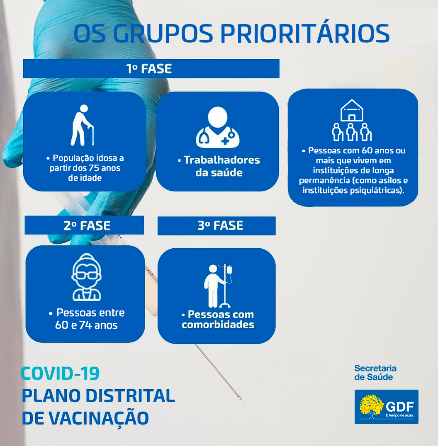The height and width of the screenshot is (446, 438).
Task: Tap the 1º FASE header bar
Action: pyautogui.click(x=151, y=68)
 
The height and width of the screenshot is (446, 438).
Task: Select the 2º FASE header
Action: pyautogui.click(x=85, y=225)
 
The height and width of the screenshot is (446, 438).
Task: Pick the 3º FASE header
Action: pyautogui.click(x=217, y=226)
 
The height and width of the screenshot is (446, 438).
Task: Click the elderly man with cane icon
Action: pyautogui.click(x=82, y=125)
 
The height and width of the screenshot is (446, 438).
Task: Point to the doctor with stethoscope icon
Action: pyautogui.click(x=218, y=127)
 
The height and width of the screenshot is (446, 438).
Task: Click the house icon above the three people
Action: pyautogui.click(x=352, y=110)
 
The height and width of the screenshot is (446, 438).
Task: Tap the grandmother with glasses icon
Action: pyautogui.click(x=87, y=277)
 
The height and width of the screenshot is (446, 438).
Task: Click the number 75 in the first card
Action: pyautogui.click(x=94, y=168)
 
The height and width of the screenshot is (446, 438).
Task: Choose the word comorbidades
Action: pyautogui.click(x=218, y=325)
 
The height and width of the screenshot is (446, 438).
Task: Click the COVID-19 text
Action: pyautogui.click(x=60, y=374)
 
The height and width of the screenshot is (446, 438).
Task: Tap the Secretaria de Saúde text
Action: pyautogui.click(x=375, y=373)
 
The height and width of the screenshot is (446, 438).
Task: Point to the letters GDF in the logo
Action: pyautogui.click(x=399, y=407)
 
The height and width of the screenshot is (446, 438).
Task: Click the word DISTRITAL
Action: pyautogui.click(x=130, y=396)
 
